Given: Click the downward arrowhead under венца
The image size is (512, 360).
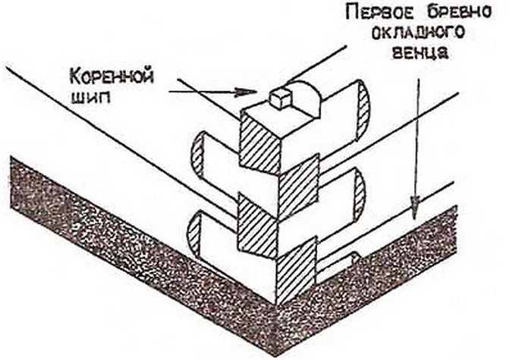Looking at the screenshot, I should pos(414,205).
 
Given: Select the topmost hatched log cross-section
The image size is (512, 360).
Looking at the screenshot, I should pos(260,145).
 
